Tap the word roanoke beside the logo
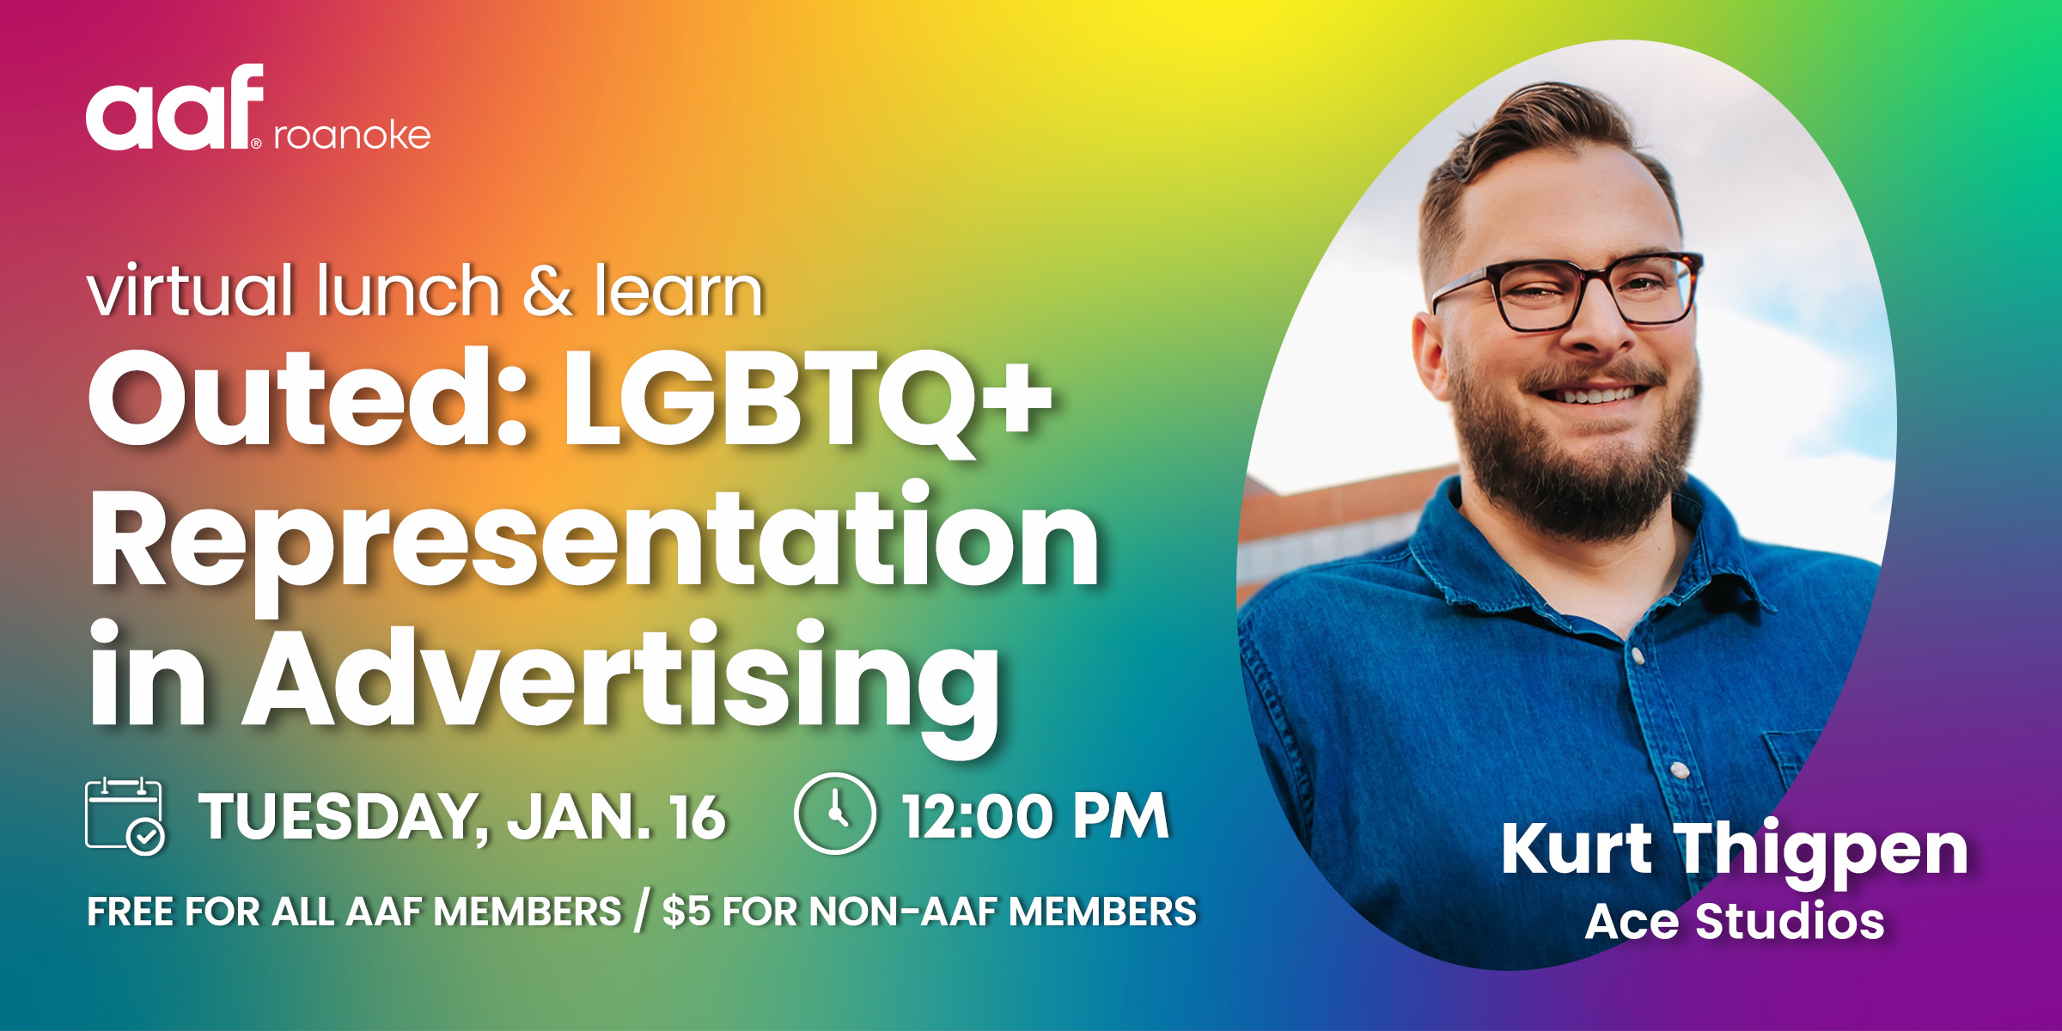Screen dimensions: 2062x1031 [352, 135]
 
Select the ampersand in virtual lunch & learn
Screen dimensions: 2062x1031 [547, 290]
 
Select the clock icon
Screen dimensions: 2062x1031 [834, 814]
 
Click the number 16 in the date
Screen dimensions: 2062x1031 [698, 816]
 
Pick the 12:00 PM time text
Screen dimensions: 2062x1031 [1035, 815]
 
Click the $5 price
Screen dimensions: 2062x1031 [686, 912]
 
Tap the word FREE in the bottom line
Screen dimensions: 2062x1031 [131, 912]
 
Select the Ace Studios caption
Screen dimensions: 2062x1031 [1735, 922]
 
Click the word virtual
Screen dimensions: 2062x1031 [190, 290]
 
